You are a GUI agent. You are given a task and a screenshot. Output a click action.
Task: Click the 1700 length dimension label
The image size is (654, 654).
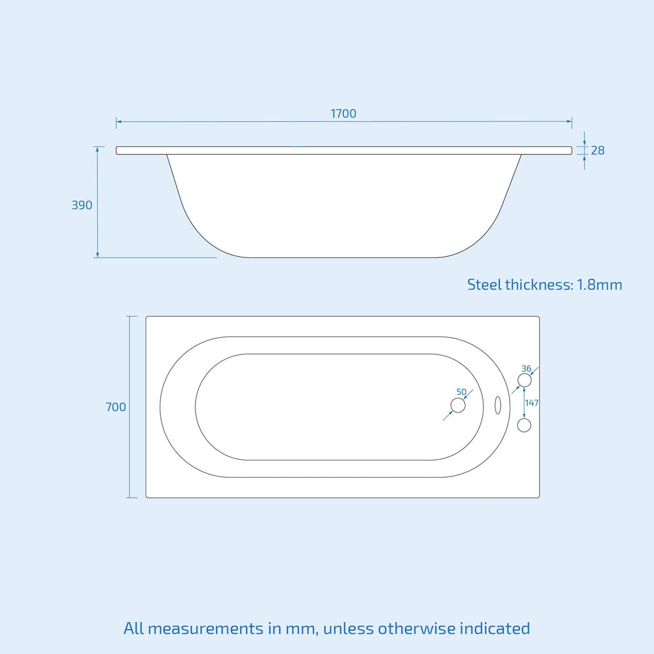(x=343, y=114)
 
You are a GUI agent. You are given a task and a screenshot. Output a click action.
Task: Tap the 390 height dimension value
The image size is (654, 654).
(x=82, y=205)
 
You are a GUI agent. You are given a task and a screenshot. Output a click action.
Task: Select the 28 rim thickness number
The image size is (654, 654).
(x=598, y=150)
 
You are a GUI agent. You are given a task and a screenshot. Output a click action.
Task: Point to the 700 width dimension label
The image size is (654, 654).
(x=116, y=407)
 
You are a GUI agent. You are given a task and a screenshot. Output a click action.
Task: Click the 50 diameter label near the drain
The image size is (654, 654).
(x=461, y=392)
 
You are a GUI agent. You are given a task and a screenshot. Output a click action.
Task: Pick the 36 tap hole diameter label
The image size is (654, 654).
(x=526, y=369)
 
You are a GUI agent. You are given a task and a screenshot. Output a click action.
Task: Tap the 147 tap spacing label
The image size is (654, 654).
(x=532, y=403)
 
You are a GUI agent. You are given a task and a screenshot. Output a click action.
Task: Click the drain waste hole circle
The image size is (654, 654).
(x=458, y=406)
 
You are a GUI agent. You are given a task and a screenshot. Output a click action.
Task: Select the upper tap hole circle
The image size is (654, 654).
(x=524, y=381)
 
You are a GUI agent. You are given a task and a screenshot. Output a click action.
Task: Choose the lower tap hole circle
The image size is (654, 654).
(x=524, y=425)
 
